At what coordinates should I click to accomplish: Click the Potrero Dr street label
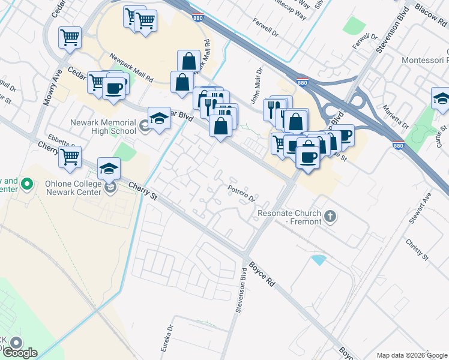point(242,193)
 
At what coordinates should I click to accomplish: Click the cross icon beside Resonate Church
point(330,216)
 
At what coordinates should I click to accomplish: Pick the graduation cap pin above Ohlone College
point(109,169)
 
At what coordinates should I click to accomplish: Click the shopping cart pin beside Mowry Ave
point(70,38)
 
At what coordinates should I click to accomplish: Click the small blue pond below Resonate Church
point(318,260)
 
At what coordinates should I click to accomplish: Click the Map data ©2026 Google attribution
point(412,355)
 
